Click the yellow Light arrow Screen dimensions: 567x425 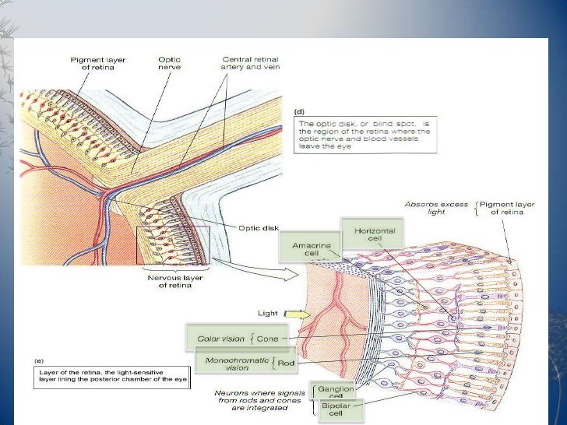298,314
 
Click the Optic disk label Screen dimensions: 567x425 259,228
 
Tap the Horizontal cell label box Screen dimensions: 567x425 372,234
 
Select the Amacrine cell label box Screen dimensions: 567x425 311,248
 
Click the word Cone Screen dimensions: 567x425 268,339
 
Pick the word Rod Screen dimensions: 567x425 286,364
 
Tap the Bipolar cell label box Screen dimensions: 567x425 340,410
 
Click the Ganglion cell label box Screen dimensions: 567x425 333,390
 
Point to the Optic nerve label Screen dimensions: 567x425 169,63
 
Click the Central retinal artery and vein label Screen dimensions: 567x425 250,63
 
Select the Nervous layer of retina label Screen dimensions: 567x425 174,281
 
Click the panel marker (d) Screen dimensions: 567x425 299,111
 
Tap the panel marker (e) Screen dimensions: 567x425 39,360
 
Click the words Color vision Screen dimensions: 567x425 220,339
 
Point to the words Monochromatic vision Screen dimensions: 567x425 237,364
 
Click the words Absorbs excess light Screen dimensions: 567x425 436,208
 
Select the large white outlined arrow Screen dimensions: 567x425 255,269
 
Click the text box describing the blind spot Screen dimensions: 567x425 365,135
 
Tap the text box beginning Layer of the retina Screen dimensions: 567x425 112,378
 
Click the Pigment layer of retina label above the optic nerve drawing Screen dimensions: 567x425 97,64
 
